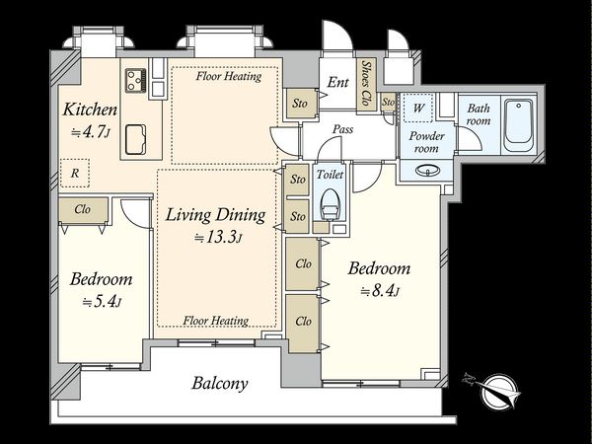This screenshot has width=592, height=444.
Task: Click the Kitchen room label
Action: [90, 110]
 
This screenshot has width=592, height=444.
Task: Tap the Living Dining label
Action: [215, 215]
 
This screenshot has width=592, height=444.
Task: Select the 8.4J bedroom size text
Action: [380, 291]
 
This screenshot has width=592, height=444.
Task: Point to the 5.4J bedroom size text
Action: [102, 302]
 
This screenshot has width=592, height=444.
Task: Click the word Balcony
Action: [220, 383]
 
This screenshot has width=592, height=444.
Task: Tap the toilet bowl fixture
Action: [330, 204]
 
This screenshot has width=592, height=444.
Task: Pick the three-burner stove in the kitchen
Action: [136, 81]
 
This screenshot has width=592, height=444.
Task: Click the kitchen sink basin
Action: [136, 139]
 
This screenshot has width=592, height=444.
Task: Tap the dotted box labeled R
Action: [75, 173]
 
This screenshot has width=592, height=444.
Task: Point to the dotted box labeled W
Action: [418, 108]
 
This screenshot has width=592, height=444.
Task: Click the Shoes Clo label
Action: [365, 83]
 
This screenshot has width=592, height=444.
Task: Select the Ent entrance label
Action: [337, 82]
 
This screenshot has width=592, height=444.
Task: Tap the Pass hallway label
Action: [342, 129]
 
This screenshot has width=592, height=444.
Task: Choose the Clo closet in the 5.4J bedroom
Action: [83, 209]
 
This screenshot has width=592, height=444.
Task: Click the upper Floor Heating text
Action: [229, 76]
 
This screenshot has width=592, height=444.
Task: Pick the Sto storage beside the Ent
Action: [300, 103]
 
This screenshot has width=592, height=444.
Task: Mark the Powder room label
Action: [426, 142]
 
